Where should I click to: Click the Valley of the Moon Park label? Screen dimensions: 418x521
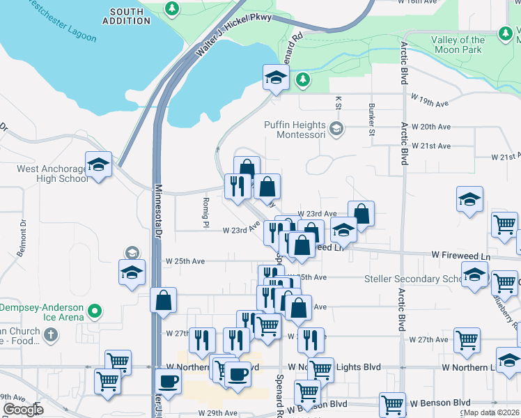[458, 45]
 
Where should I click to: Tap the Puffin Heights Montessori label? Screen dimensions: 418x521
[295, 130]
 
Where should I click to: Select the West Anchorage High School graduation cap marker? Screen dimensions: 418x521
[98, 165]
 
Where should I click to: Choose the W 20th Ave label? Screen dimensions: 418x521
[431, 127]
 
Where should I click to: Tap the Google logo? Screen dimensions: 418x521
[23, 410]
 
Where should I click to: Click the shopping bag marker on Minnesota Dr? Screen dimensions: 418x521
[163, 300]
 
